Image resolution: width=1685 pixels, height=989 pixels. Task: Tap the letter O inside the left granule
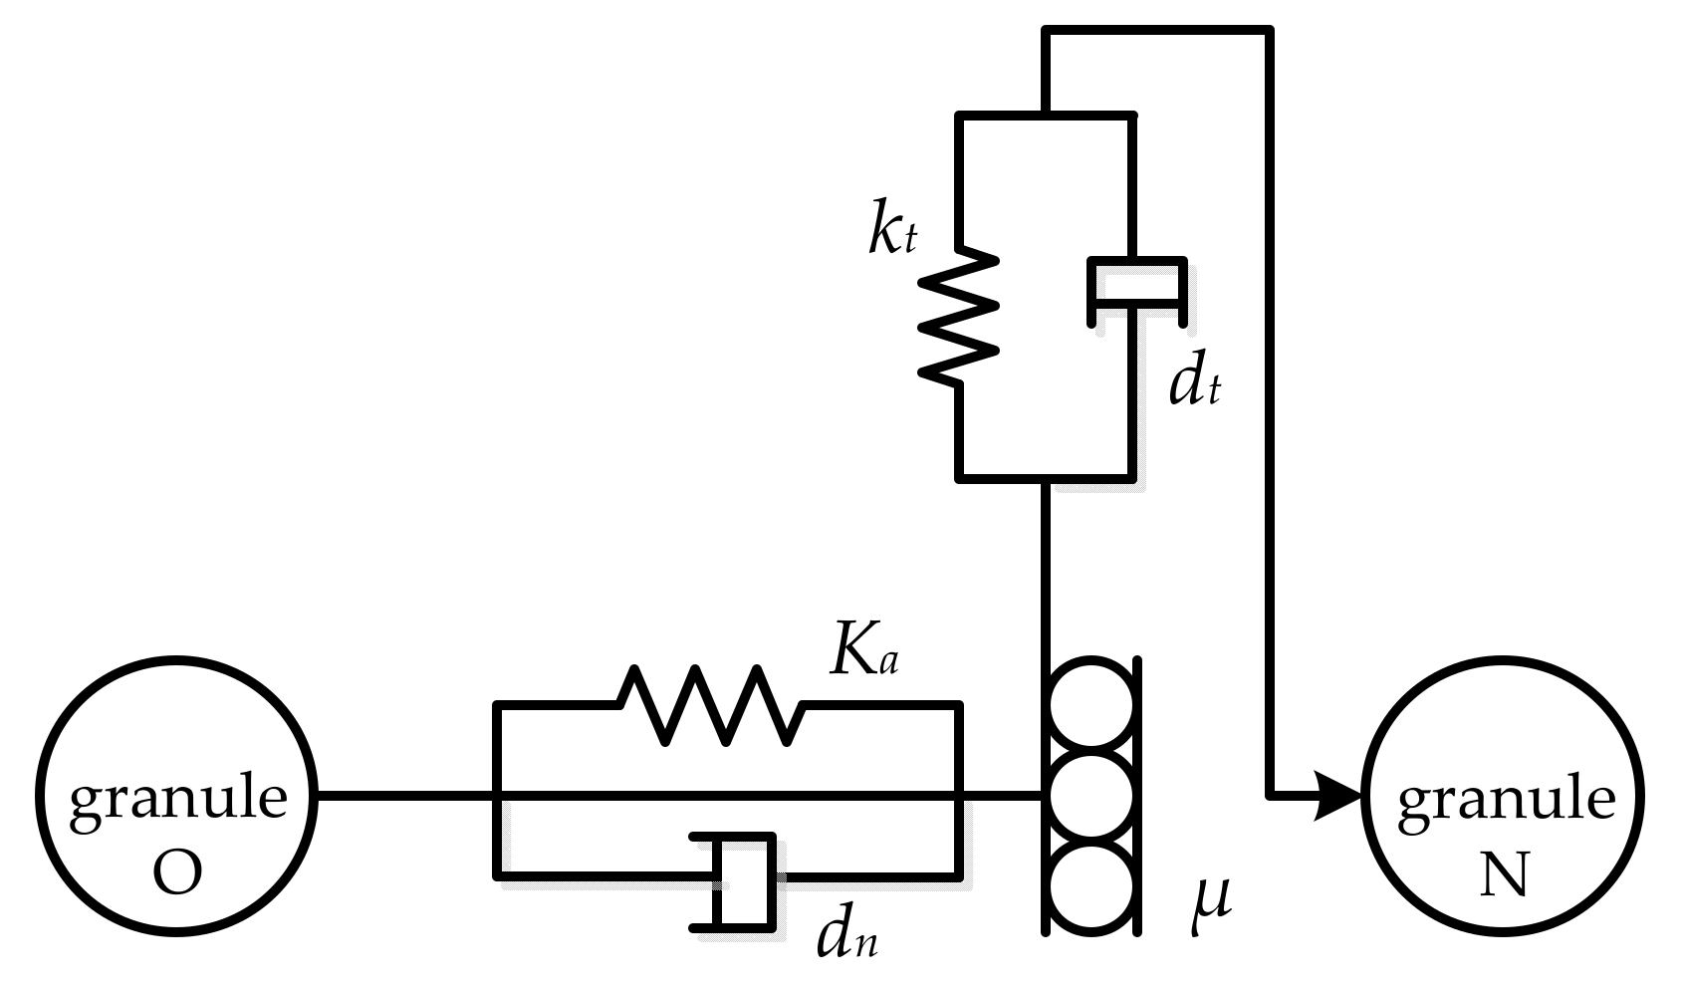(178, 872)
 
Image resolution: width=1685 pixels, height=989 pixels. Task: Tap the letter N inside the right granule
(1504, 873)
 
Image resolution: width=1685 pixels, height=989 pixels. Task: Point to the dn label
(846, 934)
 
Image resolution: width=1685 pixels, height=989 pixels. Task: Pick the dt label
(1193, 383)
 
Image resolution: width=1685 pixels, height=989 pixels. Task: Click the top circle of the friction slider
(1090, 703)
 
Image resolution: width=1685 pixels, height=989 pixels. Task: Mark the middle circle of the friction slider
(1090, 796)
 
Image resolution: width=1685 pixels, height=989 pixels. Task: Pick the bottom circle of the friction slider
(1090, 888)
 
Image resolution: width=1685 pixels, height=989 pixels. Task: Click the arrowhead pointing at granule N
(1340, 796)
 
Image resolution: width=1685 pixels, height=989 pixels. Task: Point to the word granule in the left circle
(178, 799)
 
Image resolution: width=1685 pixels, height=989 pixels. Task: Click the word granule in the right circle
(1505, 799)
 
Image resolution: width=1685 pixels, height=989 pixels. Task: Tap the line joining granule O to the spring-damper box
(403, 796)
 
